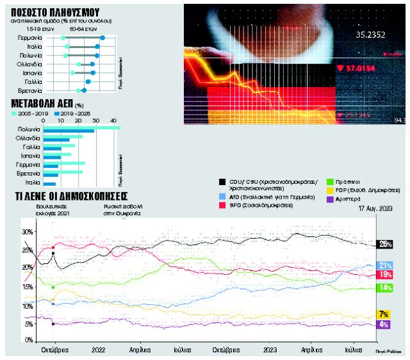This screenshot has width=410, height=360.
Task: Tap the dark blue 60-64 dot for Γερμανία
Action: (x=102, y=38)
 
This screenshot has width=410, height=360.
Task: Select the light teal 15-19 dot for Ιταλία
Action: (x=67, y=47)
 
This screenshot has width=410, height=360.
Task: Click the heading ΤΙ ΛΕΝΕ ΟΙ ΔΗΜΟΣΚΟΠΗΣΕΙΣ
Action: (x=70, y=196)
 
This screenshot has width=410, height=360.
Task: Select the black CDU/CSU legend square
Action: (x=222, y=183)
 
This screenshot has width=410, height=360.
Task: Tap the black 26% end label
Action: (x=385, y=244)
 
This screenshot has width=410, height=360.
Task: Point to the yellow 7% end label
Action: (x=384, y=314)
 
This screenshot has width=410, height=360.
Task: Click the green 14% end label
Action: (x=384, y=288)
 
